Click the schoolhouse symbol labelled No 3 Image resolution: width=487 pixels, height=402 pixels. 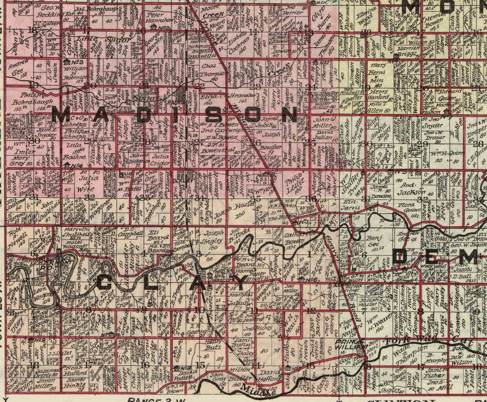[65, 62]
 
